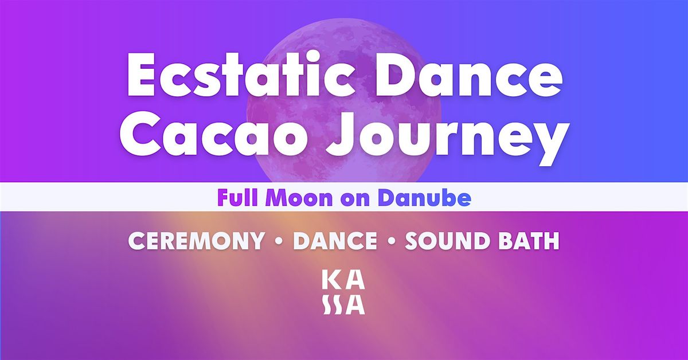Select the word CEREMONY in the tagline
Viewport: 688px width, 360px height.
click(196, 241)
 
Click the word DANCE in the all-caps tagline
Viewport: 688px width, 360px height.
click(335, 241)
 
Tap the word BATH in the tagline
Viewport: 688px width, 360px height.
click(530, 241)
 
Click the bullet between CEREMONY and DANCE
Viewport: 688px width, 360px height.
click(279, 242)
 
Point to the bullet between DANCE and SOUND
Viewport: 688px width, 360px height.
click(392, 242)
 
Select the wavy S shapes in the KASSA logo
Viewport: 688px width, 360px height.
click(331, 306)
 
